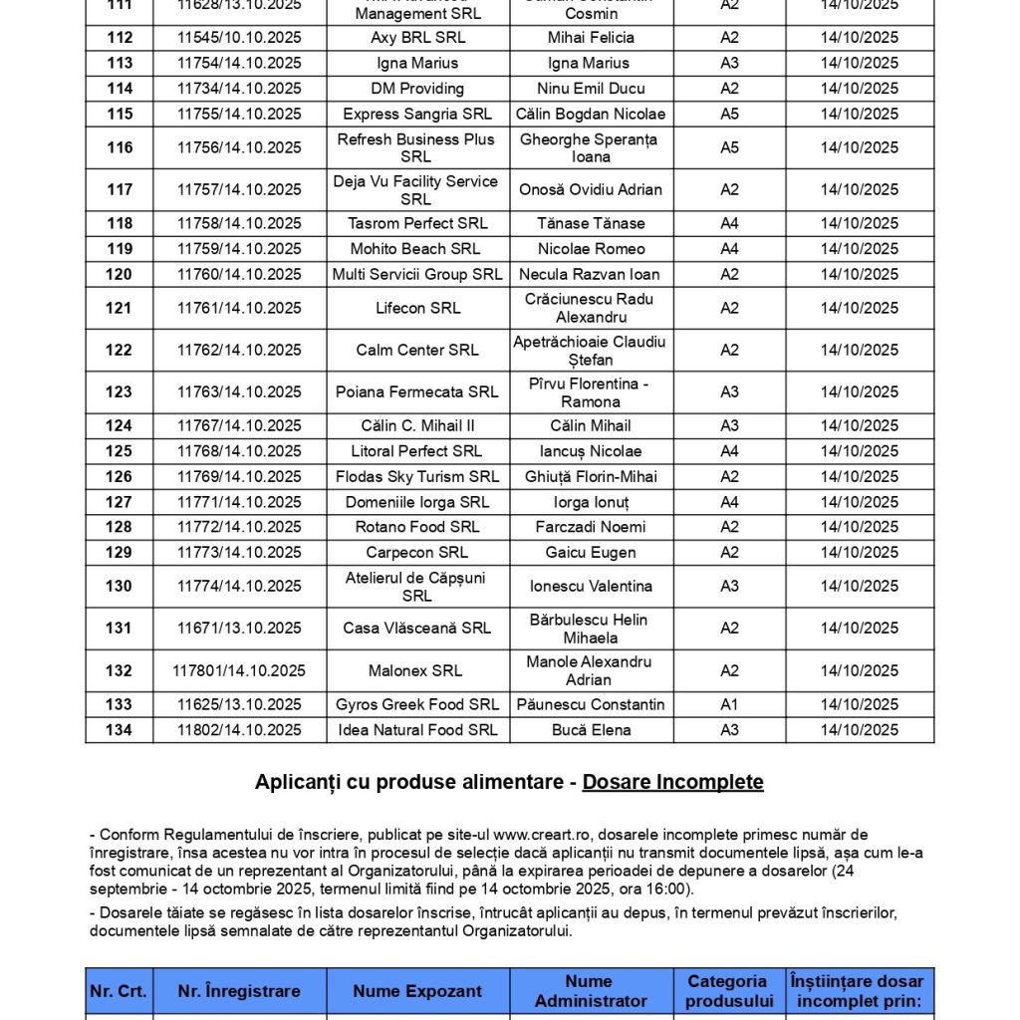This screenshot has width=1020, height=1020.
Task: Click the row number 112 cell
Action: [x=120, y=38]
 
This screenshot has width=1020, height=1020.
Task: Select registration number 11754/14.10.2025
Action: [x=239, y=63]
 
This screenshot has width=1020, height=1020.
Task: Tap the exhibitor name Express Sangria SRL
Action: [x=417, y=114]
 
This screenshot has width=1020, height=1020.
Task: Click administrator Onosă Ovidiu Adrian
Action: [x=591, y=189]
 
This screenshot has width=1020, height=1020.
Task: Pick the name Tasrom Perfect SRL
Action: [x=417, y=223]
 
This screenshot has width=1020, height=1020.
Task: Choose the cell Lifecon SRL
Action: [x=417, y=308]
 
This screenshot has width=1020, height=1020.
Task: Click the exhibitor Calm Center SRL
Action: [x=417, y=350]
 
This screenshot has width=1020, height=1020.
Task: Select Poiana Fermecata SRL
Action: [x=417, y=391]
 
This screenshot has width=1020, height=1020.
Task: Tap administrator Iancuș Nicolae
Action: [x=591, y=451]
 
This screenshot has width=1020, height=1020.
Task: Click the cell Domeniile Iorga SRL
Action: [x=417, y=502]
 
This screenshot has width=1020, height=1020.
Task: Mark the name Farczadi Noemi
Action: [x=591, y=527]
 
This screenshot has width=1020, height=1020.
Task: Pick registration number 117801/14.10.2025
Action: [x=239, y=670]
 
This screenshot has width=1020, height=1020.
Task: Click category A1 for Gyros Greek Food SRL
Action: [x=729, y=704]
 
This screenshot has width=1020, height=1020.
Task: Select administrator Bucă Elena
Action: [x=591, y=730]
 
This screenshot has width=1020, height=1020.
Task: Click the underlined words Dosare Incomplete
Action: [x=672, y=782]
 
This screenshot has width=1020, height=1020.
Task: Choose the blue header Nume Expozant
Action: [x=417, y=991]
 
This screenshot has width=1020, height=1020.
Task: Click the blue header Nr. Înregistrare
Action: [x=239, y=991]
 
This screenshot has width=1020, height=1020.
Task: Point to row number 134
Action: [x=120, y=730]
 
